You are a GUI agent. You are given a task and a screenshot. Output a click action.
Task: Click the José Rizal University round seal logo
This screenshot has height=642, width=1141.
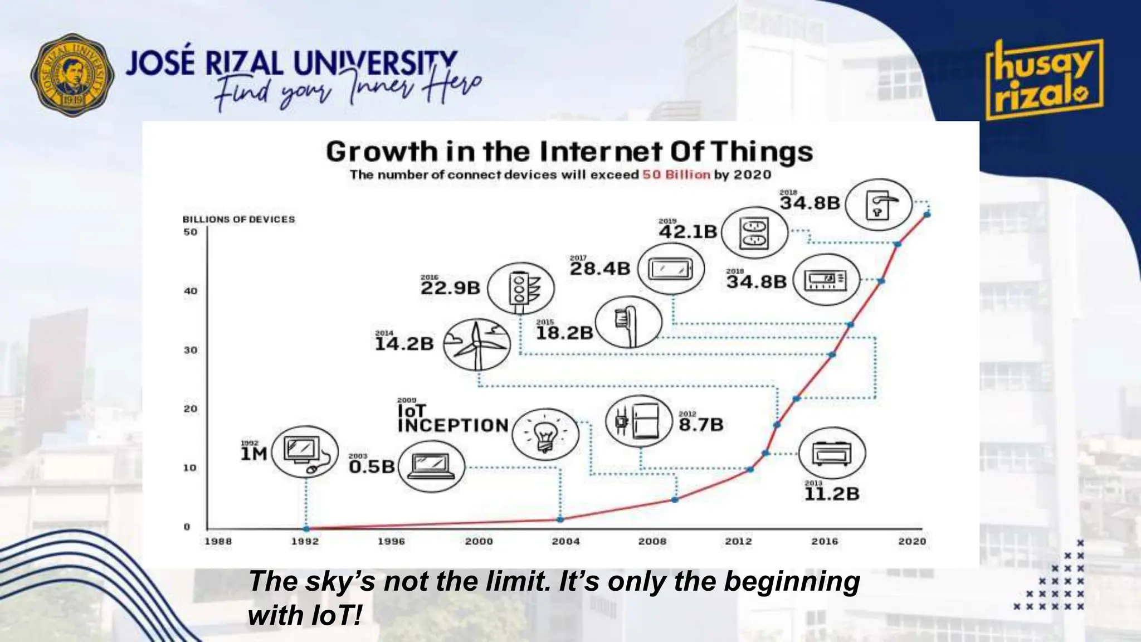click(x=72, y=75)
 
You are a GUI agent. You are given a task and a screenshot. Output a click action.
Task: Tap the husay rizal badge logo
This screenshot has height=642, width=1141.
click(x=1044, y=80)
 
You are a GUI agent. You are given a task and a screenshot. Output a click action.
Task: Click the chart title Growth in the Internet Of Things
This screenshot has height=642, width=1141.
click(x=569, y=152)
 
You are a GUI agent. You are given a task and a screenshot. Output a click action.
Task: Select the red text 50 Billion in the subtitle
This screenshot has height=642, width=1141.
click(x=676, y=175)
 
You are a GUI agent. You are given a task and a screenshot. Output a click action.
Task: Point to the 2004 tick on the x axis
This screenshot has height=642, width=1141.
click(x=565, y=541)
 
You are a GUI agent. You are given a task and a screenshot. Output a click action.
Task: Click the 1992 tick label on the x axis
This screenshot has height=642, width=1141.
click(x=305, y=541)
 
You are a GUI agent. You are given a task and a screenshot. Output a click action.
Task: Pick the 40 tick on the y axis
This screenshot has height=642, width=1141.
click(x=191, y=291)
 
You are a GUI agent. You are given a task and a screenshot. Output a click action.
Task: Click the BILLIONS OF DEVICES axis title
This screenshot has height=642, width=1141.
click(x=238, y=220)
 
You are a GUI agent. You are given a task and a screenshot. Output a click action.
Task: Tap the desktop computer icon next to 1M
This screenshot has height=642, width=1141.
click(x=304, y=452)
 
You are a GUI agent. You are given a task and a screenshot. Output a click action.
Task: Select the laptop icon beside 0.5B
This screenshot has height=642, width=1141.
click(x=431, y=467)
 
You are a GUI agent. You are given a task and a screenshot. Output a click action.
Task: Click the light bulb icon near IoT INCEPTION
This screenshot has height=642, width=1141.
click(x=545, y=434)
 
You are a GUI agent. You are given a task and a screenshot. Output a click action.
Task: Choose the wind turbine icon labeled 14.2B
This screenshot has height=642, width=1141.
click(x=477, y=344)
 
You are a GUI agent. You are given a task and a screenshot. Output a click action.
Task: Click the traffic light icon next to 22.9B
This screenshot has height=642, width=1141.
click(x=520, y=289)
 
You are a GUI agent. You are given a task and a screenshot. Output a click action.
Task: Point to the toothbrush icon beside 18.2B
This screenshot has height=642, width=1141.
click(x=628, y=322)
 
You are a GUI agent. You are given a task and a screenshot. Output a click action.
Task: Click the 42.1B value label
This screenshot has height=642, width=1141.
click(x=688, y=231)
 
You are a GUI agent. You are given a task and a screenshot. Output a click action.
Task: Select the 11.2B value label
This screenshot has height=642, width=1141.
click(x=832, y=494)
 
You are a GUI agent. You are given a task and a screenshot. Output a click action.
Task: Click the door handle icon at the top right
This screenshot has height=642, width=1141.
click(x=879, y=205)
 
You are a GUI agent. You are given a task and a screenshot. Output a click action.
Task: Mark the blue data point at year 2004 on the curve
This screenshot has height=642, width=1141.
click(x=560, y=519)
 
